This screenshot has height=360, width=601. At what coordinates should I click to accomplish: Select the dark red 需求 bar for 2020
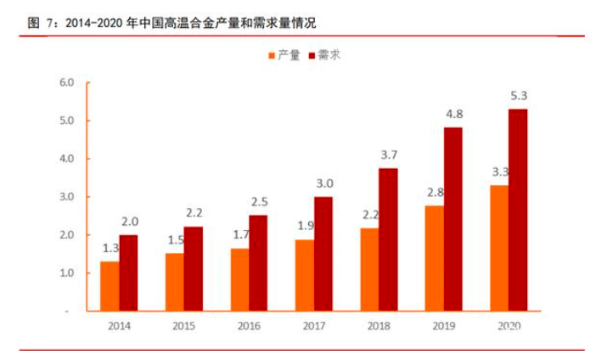518,210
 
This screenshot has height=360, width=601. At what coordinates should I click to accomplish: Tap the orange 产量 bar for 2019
434,258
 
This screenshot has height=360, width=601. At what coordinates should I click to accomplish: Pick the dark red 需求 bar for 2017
323,253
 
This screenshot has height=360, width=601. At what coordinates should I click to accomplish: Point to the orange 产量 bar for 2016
240,279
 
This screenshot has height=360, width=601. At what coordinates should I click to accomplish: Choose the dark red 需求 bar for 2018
388,239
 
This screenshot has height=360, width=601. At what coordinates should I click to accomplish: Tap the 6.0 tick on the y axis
67,82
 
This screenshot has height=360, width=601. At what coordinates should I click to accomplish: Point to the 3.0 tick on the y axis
67,197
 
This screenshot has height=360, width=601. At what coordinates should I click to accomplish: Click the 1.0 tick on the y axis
67,273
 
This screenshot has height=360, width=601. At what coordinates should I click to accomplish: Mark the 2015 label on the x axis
185,326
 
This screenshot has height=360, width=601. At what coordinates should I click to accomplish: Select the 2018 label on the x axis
379,326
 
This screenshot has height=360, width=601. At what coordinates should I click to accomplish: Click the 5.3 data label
519,94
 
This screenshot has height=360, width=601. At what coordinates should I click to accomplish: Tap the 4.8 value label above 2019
454,113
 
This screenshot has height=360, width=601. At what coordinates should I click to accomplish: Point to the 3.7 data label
389,155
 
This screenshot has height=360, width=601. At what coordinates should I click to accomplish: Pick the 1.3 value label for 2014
110,248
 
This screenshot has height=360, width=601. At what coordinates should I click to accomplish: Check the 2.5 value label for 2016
260,201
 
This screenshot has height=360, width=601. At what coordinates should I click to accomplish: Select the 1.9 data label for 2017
304,226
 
